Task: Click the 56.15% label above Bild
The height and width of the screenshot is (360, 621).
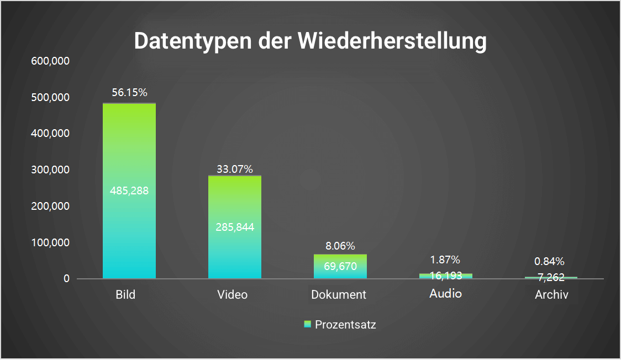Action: pyautogui.click(x=129, y=93)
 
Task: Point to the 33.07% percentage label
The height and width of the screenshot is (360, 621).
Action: pyautogui.click(x=235, y=169)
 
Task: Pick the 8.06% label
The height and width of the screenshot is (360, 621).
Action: pyautogui.click(x=340, y=246)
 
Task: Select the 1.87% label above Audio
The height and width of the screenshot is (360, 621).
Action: pyautogui.click(x=445, y=260)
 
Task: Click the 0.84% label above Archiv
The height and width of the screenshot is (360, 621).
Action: pyautogui.click(x=550, y=261)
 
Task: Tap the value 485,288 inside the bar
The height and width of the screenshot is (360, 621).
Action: pyautogui.click(x=129, y=191)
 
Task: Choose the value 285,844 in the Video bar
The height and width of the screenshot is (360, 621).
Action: pyautogui.click(x=235, y=227)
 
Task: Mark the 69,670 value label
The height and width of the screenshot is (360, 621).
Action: pyautogui.click(x=340, y=267)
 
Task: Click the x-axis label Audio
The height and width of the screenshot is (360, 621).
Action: pyautogui.click(x=445, y=294)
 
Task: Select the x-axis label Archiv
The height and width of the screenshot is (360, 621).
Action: pyautogui.click(x=551, y=295)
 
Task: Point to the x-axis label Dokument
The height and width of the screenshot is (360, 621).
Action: pyautogui.click(x=339, y=295)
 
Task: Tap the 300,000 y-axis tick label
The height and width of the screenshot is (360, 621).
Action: pyautogui.click(x=50, y=170)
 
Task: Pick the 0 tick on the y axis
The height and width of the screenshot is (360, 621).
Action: pyautogui.click(x=66, y=279)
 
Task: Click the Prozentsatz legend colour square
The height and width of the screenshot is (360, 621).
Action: pyautogui.click(x=308, y=324)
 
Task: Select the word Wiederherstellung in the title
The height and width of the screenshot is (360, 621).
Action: pyautogui.click(x=393, y=42)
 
